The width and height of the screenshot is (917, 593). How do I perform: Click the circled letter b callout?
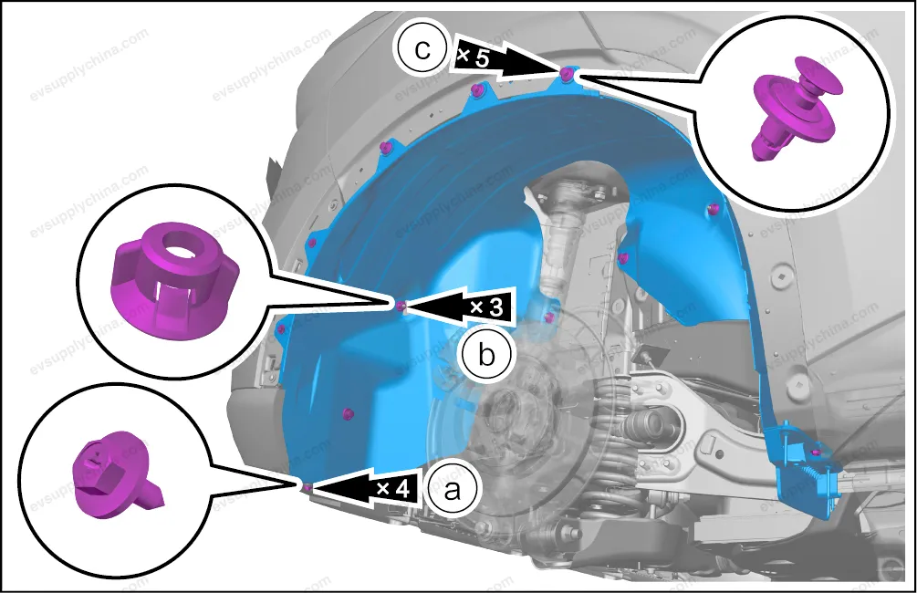pos(485,355)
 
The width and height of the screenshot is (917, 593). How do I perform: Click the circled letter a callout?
pos(452,490)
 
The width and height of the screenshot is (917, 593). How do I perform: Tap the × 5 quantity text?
pos(473,57)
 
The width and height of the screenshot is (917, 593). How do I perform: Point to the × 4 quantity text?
pos(393,488)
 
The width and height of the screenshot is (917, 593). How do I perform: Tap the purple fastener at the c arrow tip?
pos(566,74)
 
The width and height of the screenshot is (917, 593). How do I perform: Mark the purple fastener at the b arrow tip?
pos(401,306)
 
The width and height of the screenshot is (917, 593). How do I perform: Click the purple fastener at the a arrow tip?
pos(307,486)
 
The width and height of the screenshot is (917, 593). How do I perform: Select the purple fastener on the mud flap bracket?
pos(817,453)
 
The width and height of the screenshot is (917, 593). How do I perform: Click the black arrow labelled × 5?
pos(507,57)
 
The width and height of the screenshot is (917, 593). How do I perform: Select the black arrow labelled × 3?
pos(460,306)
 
